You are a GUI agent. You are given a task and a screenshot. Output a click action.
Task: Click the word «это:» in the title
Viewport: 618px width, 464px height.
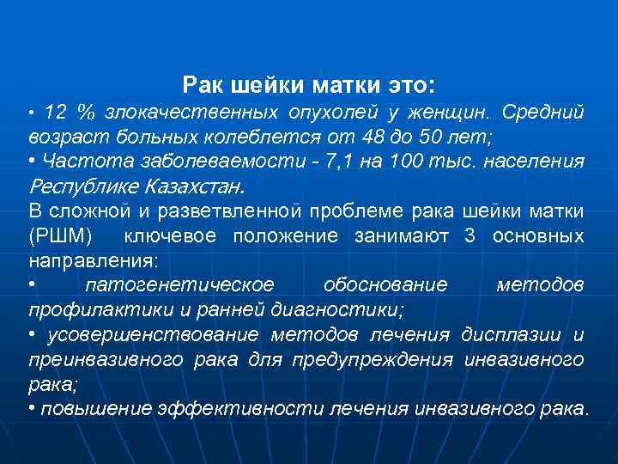[x=410, y=85]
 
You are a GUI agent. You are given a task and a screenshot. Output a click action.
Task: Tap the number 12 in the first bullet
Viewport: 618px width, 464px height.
[x=55, y=112]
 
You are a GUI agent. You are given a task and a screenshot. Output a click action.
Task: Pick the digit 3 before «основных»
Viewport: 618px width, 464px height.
[x=469, y=235]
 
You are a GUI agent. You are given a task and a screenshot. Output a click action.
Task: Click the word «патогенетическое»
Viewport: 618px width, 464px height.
[x=179, y=284]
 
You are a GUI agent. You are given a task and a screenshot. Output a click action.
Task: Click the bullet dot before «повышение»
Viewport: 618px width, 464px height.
[x=32, y=407]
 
